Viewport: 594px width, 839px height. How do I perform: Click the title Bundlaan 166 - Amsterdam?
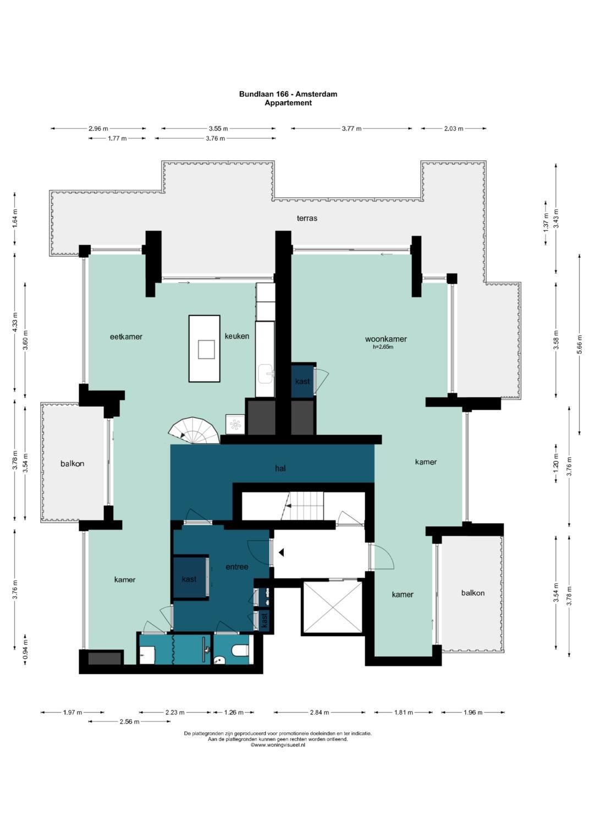(288, 95)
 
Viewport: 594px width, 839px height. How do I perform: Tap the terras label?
(307, 218)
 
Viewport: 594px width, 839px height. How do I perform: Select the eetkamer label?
(126, 337)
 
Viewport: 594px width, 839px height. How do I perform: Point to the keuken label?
(237, 336)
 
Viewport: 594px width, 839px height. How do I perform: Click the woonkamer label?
(386, 339)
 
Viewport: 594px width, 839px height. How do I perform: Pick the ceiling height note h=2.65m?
(383, 347)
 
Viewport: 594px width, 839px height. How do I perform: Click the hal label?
(280, 468)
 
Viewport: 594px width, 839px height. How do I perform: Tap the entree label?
(237, 566)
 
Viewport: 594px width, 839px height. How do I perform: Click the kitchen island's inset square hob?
(206, 349)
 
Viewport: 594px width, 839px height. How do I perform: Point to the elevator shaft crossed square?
(332, 607)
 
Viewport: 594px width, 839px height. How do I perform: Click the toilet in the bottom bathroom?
(240, 650)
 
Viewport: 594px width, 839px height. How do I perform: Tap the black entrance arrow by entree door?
(281, 553)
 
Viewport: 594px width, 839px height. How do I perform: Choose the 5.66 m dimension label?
(579, 344)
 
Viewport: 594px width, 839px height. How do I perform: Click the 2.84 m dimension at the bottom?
(319, 713)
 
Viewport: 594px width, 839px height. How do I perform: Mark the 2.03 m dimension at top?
(453, 129)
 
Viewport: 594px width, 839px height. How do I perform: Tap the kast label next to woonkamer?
(302, 381)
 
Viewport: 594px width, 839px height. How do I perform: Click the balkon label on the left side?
(73, 464)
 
